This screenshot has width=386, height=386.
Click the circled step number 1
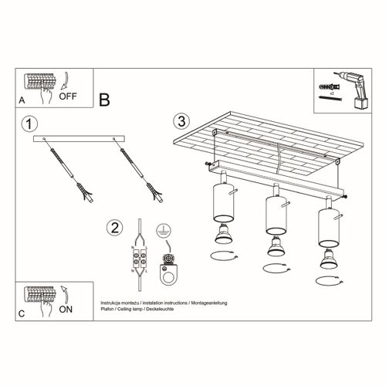tap(29, 124)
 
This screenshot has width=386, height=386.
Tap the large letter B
tap(105, 99)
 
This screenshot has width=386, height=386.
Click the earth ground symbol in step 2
tap(164, 229)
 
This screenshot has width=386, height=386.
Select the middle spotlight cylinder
tap(273, 213)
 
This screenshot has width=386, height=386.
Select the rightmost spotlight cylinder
tap(327, 225)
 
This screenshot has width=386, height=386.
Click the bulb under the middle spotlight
tap(273, 248)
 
